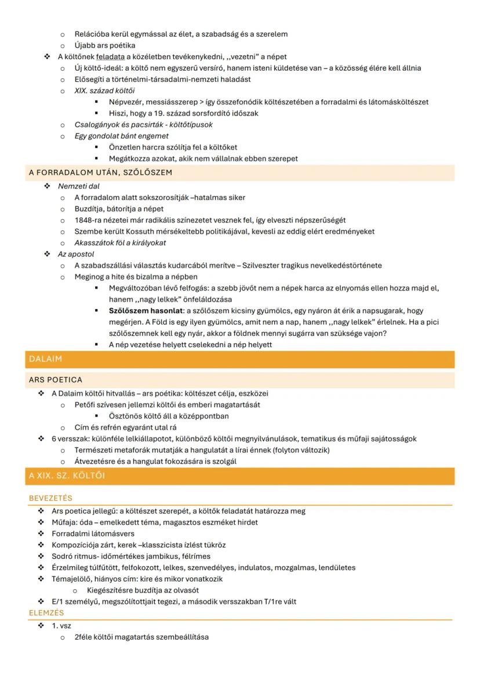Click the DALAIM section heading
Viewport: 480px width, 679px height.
[45, 360]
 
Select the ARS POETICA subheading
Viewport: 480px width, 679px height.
[56, 380]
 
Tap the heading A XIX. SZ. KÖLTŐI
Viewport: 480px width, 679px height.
[67, 476]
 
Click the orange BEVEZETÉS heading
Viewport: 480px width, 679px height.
[50, 498]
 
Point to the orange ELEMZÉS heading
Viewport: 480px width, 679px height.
[46, 613]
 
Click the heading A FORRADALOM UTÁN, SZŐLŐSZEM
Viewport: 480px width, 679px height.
[100, 173]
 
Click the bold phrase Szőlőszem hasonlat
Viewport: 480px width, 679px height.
[146, 311]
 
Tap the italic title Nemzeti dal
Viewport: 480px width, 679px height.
[79, 186]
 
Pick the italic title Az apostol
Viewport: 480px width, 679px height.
[76, 254]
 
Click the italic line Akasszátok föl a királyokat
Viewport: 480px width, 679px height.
[120, 243]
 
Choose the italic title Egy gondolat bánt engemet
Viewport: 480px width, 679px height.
[121, 136]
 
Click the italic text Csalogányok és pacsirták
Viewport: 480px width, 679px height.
[121, 125]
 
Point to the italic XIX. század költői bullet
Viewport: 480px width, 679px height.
[104, 90]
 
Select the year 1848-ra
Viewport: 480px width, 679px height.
[89, 220]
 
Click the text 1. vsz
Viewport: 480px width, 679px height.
[61, 626]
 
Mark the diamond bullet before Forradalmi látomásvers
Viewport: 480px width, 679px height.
[41, 533]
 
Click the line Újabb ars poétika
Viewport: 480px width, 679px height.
[105, 45]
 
